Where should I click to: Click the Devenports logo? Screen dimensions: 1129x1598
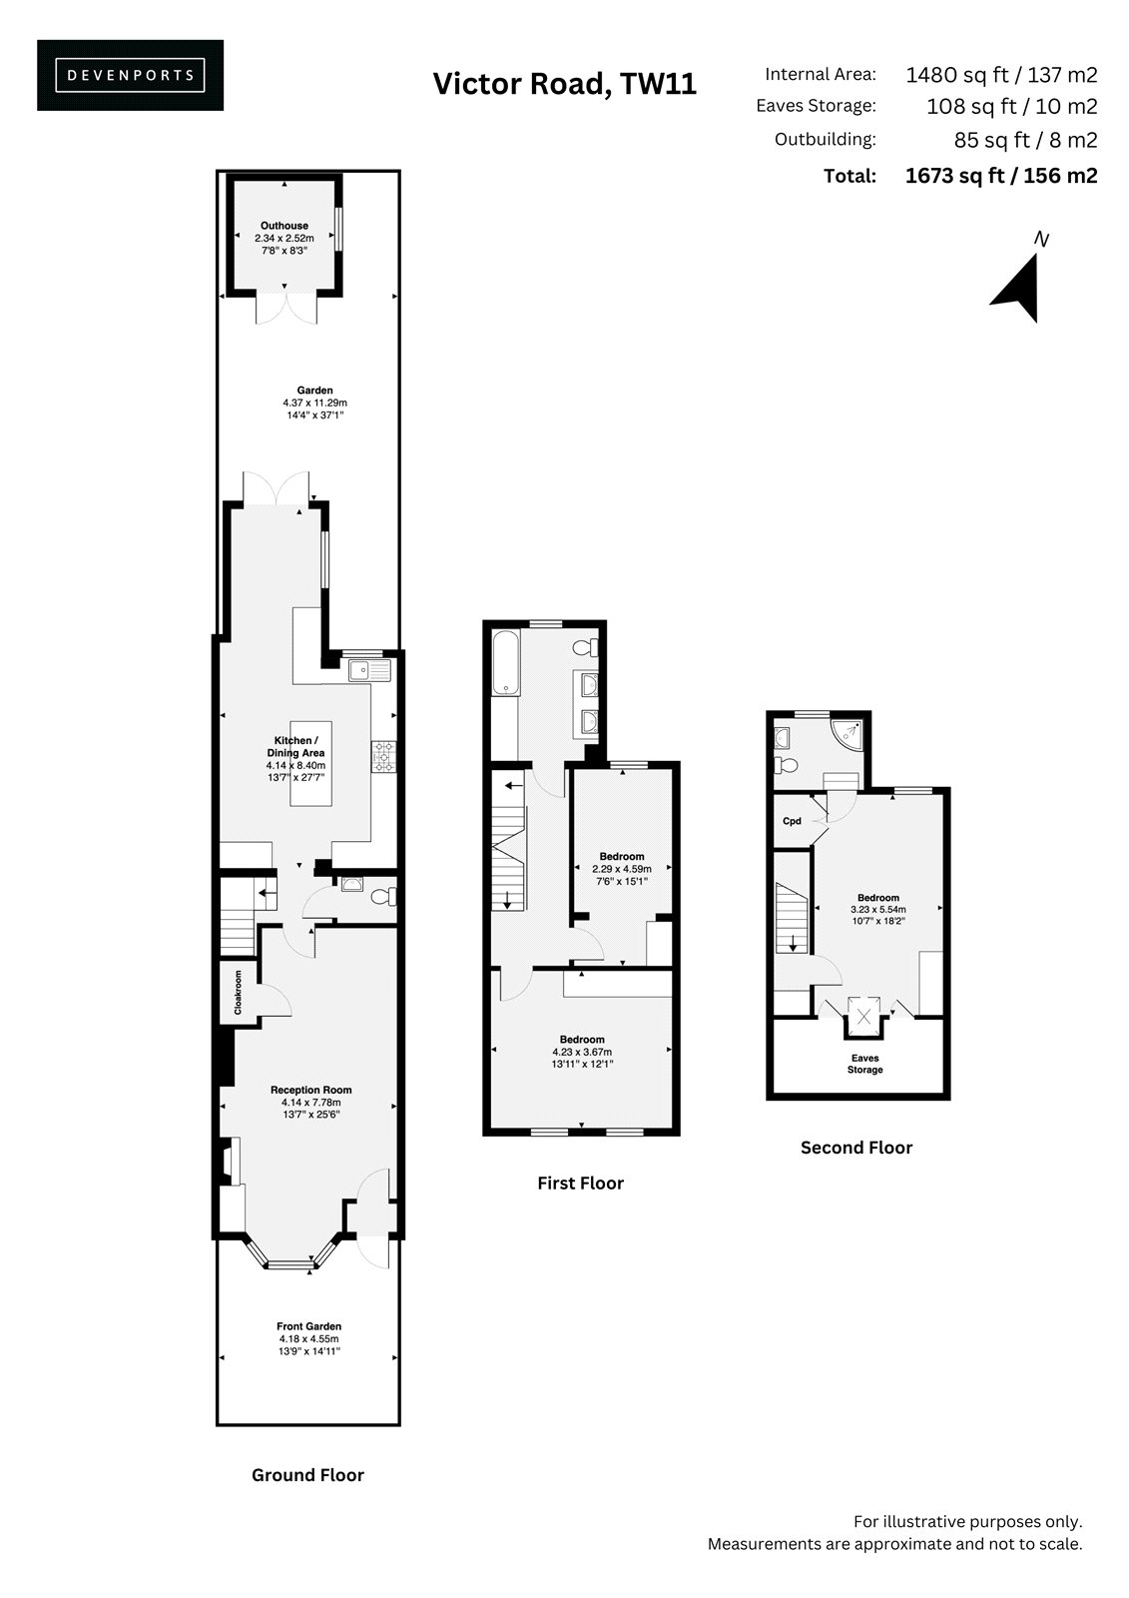point(130,75)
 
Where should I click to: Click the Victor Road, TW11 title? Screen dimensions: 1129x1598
point(564,84)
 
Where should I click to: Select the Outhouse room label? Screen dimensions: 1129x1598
point(283,226)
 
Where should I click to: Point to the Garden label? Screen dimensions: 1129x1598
point(314,391)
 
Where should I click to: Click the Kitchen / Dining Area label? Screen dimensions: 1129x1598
point(296,746)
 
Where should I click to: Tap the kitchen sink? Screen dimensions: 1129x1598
point(369,670)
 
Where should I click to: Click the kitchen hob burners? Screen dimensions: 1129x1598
point(383,757)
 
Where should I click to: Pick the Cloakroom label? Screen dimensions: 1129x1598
point(238,992)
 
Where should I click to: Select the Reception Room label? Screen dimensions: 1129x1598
point(311,1090)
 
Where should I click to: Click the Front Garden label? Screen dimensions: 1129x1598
point(308,1326)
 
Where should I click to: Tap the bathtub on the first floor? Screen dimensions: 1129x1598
point(505,663)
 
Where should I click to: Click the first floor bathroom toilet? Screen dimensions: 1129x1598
point(585,648)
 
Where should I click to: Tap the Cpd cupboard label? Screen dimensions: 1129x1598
point(792,821)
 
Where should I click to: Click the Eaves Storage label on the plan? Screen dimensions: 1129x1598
point(864,1064)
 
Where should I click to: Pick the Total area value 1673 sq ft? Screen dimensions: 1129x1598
point(1000,176)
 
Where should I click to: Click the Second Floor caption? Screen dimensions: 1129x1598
point(855,1148)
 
